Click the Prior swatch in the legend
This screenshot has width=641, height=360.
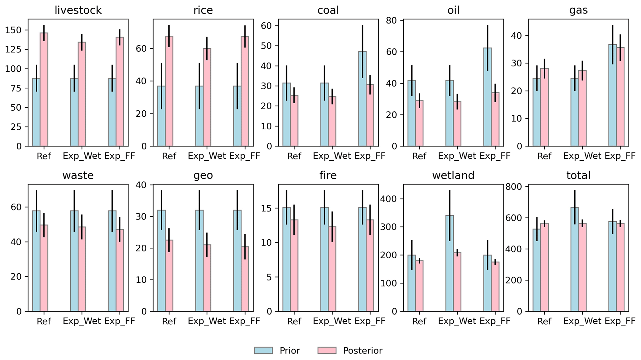263,350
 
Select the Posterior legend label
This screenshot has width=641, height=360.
363,350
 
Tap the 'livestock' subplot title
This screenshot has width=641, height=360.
78,10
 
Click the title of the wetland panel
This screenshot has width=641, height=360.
453,176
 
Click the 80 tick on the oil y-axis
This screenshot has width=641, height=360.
393,20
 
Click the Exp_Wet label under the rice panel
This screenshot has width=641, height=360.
207,156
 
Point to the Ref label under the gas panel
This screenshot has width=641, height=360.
544,156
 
